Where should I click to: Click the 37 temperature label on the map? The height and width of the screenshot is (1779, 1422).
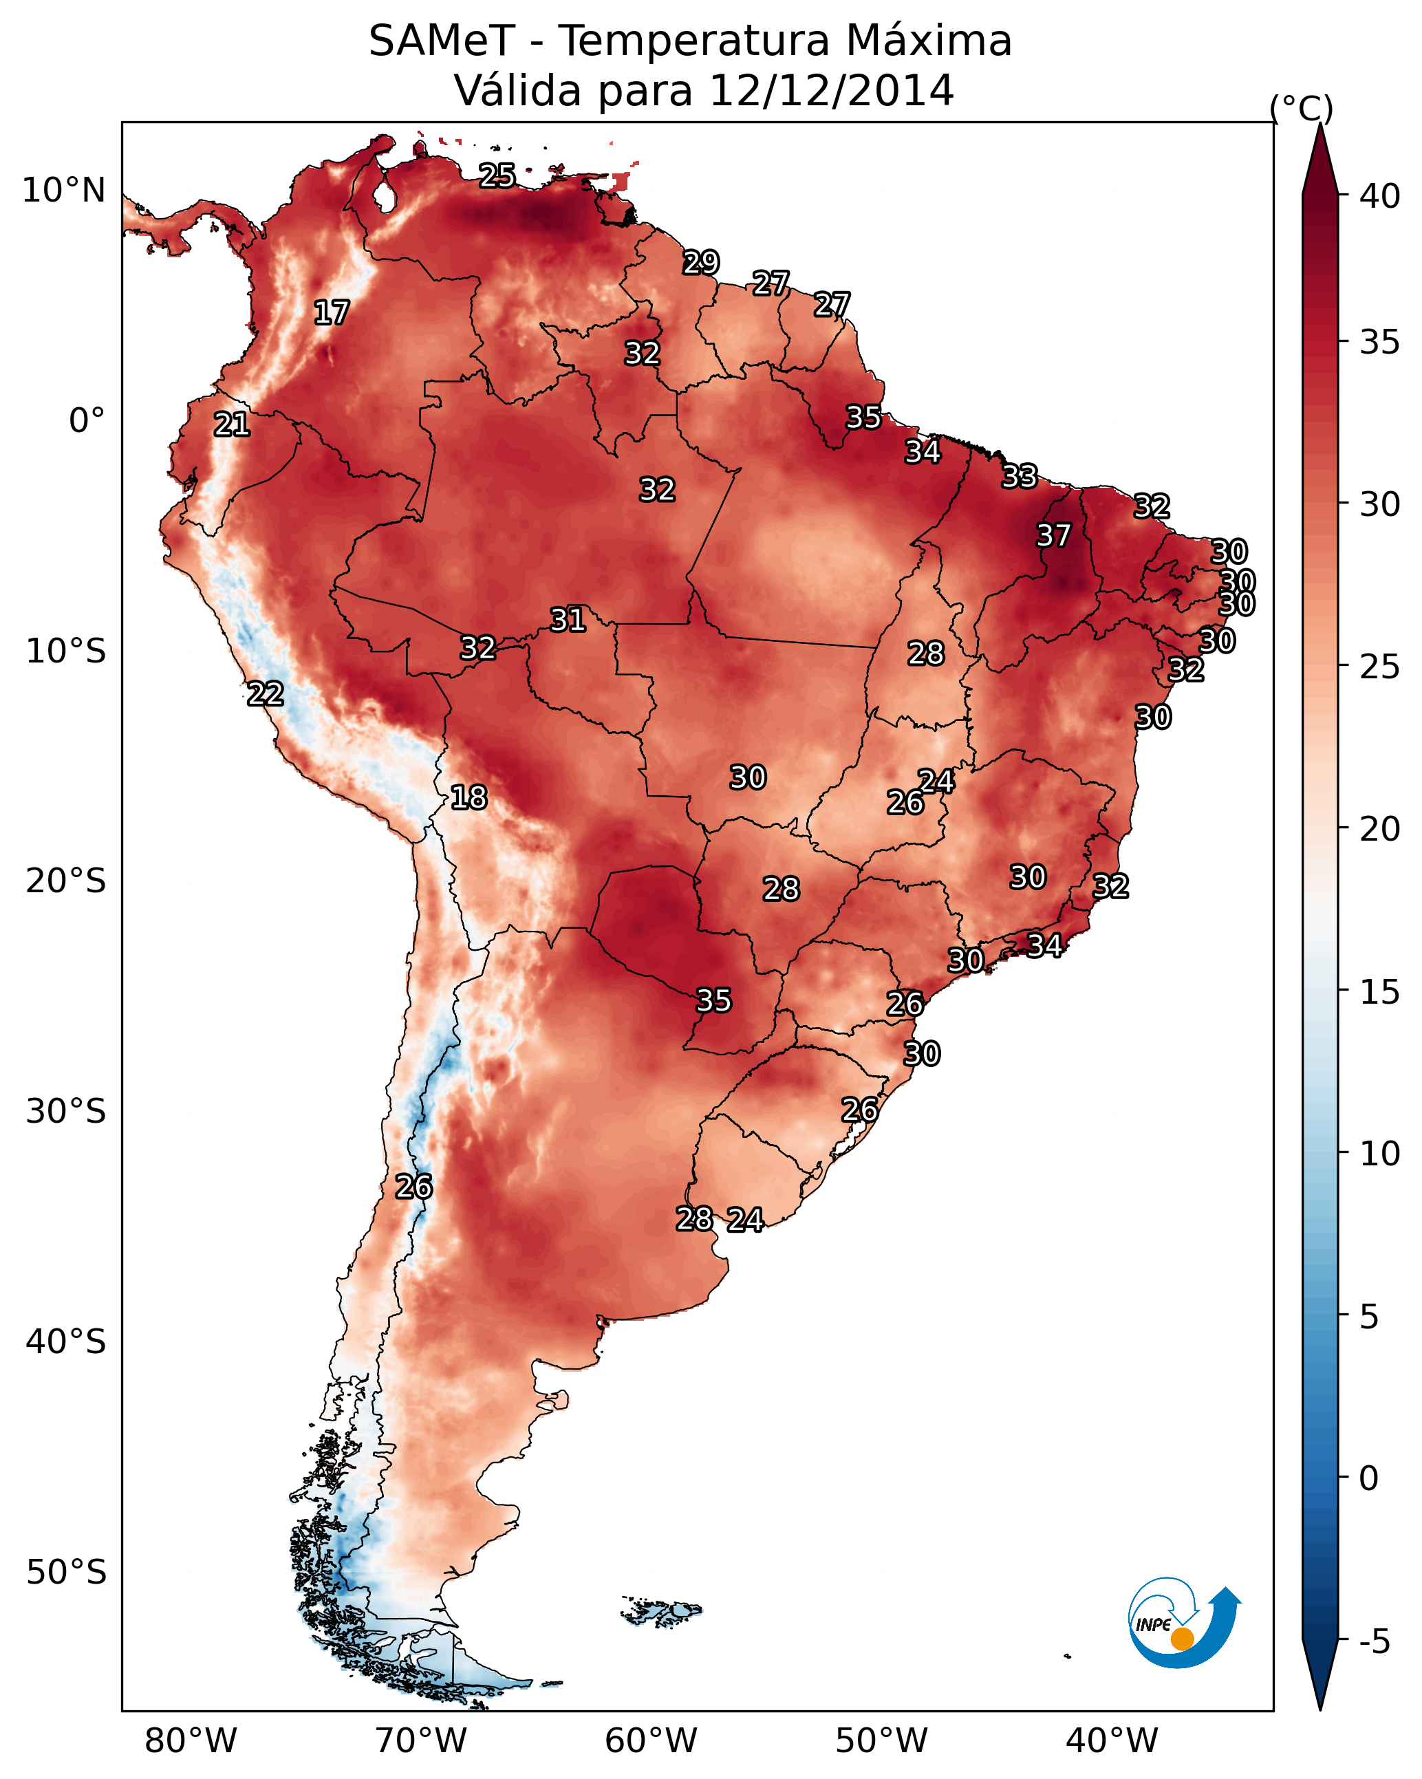pos(1053,535)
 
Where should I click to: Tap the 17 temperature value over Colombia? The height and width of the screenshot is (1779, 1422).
pos(332,313)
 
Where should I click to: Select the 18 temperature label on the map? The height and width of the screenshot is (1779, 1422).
pos(468,797)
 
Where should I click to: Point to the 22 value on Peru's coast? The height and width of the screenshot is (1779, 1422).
pos(266,694)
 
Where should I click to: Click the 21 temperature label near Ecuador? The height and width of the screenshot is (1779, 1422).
pos(232,425)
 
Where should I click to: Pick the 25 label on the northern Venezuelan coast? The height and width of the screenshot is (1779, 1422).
pos(497,175)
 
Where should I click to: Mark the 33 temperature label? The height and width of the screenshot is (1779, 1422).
pos(1020,476)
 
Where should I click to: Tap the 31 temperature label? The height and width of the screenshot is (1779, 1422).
pos(568,620)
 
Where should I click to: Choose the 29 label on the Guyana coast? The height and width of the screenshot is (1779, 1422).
pos(701,262)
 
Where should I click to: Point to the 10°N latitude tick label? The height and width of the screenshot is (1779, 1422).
pos(63,191)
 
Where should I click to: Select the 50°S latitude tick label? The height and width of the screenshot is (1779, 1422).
pos(66,1573)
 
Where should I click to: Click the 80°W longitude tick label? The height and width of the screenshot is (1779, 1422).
pos(191,1740)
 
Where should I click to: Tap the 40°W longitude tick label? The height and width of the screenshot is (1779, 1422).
pos(1112,1740)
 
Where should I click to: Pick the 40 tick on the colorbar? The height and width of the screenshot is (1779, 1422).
pos(1380,196)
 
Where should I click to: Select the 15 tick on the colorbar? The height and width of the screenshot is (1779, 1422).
pos(1380,992)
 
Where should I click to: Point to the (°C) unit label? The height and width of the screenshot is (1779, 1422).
pos(1302,108)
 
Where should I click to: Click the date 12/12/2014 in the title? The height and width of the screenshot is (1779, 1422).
pos(831,90)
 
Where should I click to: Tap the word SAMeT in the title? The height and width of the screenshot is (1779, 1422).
pos(442,41)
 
